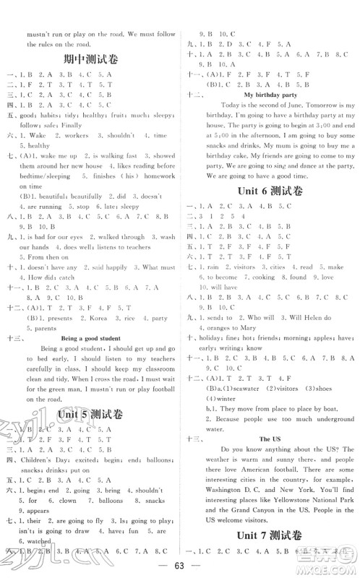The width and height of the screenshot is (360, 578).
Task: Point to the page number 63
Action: click(x=179, y=566)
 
